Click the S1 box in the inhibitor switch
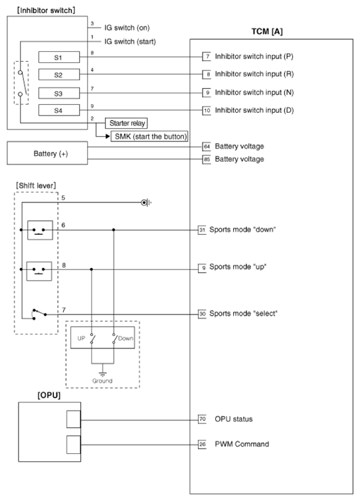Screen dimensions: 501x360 point(59,57)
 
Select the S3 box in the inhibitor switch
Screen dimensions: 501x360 point(59,92)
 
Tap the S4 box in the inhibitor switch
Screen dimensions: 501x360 point(59,109)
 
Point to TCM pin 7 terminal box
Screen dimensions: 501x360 point(207,58)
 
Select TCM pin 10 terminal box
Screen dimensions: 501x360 point(207,109)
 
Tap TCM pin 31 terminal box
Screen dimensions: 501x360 point(203,230)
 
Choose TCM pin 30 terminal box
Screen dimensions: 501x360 point(203,313)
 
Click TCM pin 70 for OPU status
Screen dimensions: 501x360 point(203,419)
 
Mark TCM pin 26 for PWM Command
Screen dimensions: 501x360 point(203,444)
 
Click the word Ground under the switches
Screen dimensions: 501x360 point(102,380)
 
